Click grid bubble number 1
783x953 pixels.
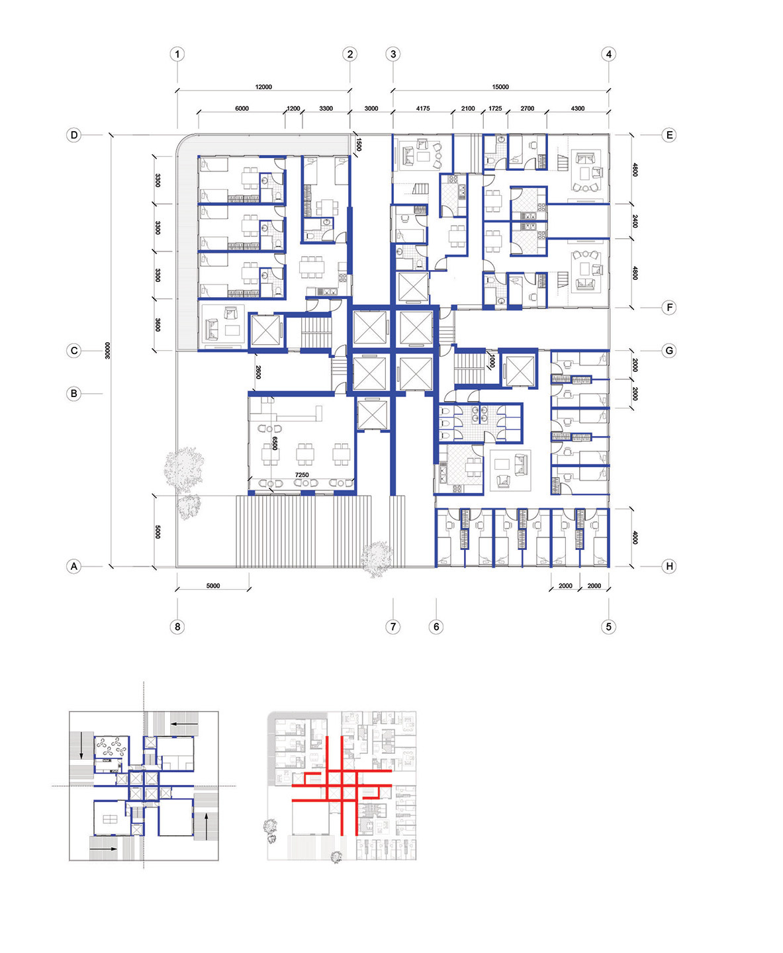[177, 54]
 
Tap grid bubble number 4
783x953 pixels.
[609, 54]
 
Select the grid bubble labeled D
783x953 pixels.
[74, 135]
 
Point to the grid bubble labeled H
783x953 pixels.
[669, 567]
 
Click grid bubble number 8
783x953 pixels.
[177, 627]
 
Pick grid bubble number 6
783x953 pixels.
[436, 627]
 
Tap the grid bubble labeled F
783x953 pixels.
[669, 308]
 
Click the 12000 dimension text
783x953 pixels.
[263, 87]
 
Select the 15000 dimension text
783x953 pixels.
[500, 87]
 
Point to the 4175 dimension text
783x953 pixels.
[423, 109]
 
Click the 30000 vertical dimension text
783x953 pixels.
[107, 350]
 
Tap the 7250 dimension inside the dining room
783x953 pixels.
[302, 475]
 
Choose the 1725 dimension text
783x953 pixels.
[495, 109]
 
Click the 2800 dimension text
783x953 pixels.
[258, 372]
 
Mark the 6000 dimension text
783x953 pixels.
[242, 109]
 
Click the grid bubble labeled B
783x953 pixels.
[74, 394]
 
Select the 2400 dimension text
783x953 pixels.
[635, 222]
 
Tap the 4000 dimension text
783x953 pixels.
[635, 538]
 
